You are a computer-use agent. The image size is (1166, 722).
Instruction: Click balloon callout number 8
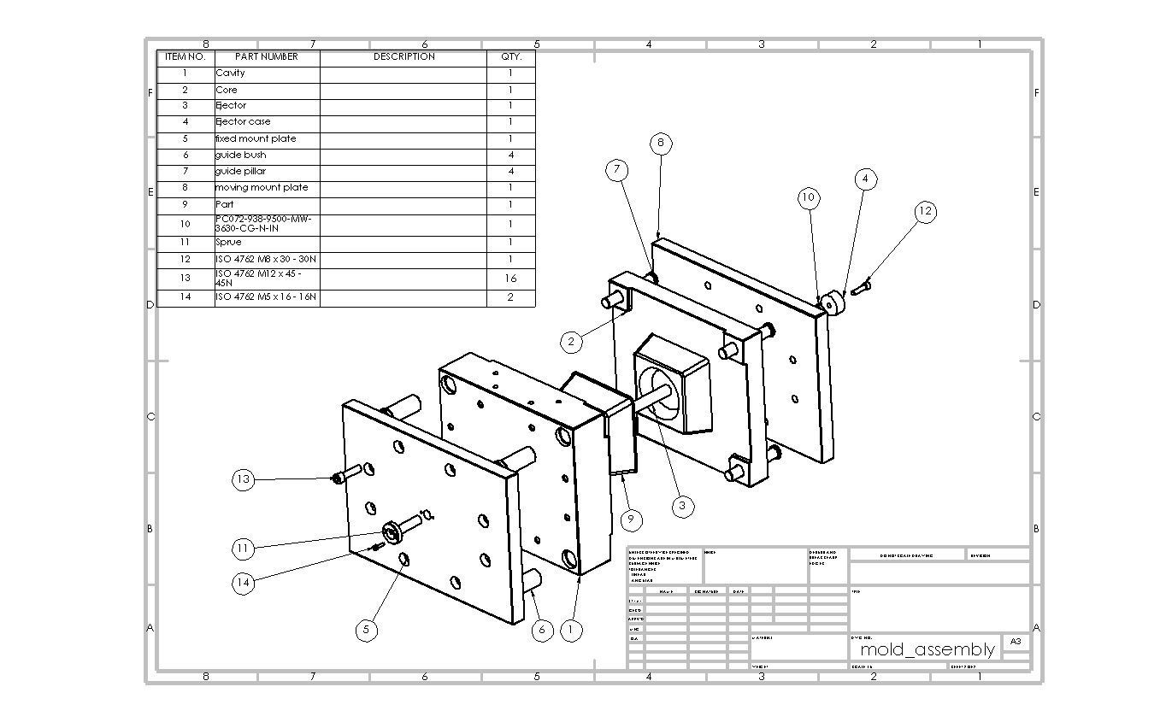(660, 144)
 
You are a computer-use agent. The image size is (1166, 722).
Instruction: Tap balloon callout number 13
(244, 479)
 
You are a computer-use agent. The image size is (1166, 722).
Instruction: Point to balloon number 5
(366, 630)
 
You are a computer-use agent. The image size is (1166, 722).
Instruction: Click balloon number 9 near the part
(630, 519)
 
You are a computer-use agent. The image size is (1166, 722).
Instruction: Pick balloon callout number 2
(571, 342)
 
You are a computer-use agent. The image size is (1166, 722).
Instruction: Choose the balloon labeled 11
(244, 548)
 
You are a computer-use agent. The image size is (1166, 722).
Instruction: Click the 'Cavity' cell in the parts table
(231, 73)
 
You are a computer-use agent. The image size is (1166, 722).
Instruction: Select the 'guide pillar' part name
(241, 171)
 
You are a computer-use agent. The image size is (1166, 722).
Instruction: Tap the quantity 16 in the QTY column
(510, 279)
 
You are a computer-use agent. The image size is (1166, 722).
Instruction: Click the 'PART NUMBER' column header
(267, 56)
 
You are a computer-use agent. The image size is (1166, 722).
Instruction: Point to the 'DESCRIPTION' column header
(403, 56)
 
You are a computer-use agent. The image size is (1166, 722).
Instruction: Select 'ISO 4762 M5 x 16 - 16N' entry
(266, 297)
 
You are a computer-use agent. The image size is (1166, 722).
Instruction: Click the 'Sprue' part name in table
(229, 242)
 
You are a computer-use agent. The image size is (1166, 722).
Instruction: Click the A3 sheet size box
(1015, 641)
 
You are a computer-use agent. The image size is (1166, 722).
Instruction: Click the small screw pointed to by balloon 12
(860, 288)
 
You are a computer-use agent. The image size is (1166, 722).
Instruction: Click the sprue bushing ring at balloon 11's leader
(392, 533)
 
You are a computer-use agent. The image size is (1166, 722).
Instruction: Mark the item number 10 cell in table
(185, 224)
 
